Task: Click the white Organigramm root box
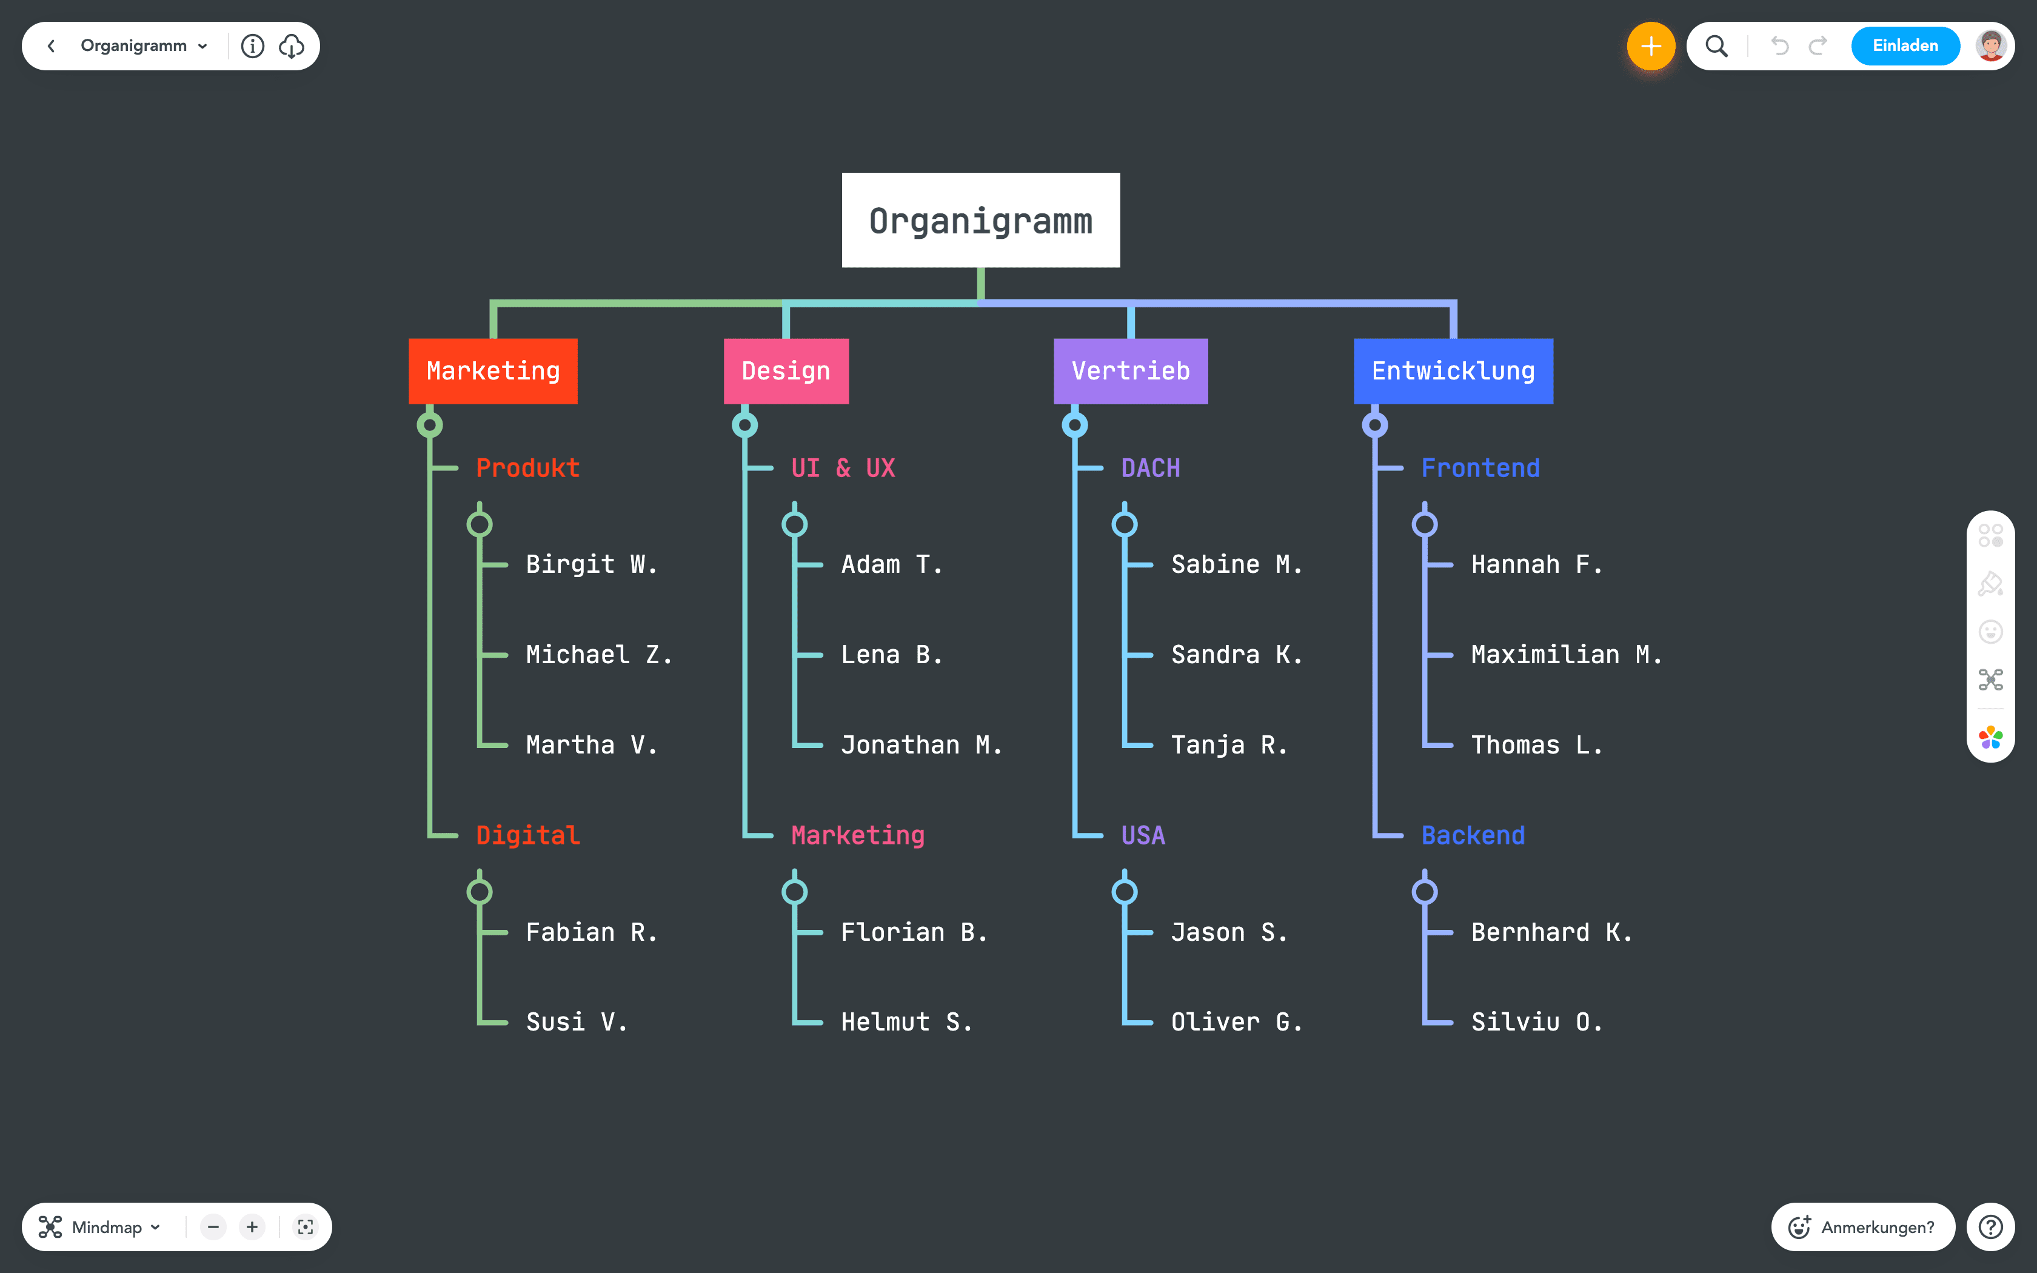point(981,221)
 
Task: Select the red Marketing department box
point(493,371)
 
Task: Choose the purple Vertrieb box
point(1131,371)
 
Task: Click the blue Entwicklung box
point(1453,371)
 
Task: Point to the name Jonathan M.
point(921,745)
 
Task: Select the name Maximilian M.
point(1565,655)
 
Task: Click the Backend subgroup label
point(1473,835)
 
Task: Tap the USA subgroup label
point(1143,835)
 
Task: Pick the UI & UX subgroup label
point(843,468)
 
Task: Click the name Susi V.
point(577,1022)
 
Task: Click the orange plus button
point(1651,46)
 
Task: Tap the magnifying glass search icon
point(1716,46)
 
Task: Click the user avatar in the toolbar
point(1991,46)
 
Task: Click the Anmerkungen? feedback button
point(1863,1227)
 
